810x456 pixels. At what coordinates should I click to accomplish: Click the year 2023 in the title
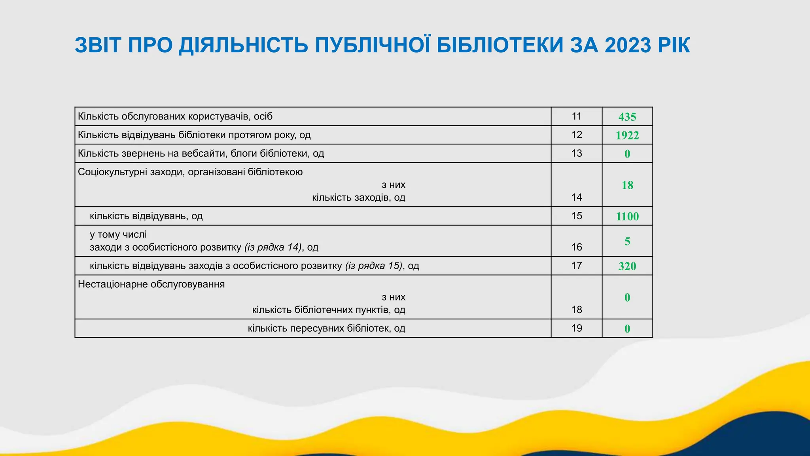coord(627,45)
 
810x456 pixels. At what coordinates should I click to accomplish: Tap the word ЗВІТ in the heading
coord(97,45)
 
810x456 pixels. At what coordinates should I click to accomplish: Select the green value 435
coord(627,117)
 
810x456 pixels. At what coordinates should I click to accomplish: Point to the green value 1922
coord(627,135)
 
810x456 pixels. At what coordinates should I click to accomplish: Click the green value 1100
coord(627,216)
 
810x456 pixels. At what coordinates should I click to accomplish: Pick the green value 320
coord(627,266)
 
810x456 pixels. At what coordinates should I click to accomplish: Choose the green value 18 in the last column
coord(627,185)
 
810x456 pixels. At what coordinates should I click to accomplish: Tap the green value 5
coord(627,241)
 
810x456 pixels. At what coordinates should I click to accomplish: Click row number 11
coord(577,116)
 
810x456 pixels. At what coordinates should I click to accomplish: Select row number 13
coord(577,153)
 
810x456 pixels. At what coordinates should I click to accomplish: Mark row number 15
coord(577,216)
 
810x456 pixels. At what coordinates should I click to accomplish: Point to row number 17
coord(577,266)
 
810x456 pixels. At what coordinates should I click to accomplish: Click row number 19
coord(577,328)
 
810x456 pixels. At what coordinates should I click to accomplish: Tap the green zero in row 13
coord(627,154)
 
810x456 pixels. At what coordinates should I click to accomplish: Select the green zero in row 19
coord(627,329)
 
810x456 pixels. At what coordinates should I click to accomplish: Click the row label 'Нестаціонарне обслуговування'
coord(151,284)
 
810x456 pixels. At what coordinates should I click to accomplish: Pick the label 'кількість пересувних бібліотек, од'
coord(327,328)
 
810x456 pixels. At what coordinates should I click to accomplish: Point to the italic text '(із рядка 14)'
coord(273,247)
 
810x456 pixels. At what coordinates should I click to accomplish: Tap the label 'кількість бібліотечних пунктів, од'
coord(329,310)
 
